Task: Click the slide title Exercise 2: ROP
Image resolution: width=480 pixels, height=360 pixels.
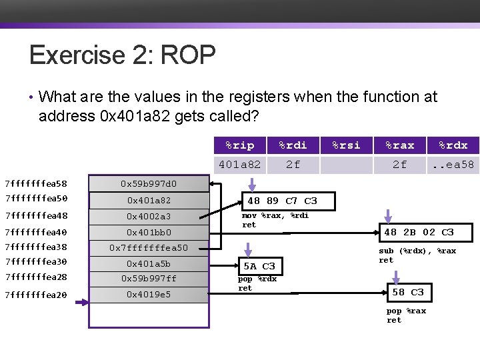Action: click(122, 55)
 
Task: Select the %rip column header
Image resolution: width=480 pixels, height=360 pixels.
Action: click(239, 145)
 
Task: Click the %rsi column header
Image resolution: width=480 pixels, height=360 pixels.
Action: click(346, 145)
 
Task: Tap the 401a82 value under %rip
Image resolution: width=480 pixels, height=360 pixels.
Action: click(239, 164)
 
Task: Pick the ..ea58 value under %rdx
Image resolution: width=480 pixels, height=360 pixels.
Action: click(453, 164)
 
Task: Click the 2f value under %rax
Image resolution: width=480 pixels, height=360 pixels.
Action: click(399, 164)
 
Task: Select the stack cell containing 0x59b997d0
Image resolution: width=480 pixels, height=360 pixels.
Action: click(149, 183)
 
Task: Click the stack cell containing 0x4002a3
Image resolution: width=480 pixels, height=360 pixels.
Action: click(149, 216)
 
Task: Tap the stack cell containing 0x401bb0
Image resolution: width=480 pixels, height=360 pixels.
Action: click(149, 232)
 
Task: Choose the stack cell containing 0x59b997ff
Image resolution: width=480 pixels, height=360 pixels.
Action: click(149, 278)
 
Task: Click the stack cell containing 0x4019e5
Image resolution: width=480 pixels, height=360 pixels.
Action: click(149, 294)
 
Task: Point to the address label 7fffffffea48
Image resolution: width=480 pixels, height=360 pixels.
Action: click(35, 216)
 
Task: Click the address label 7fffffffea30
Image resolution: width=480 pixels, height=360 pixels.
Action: click(35, 263)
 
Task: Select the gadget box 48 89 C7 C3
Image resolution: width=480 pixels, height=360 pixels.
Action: click(283, 201)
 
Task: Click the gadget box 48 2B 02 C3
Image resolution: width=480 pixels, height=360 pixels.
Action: click(419, 232)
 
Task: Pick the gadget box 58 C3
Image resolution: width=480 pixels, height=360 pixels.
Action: click(407, 292)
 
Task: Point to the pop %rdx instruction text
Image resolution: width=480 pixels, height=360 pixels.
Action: click(257, 279)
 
